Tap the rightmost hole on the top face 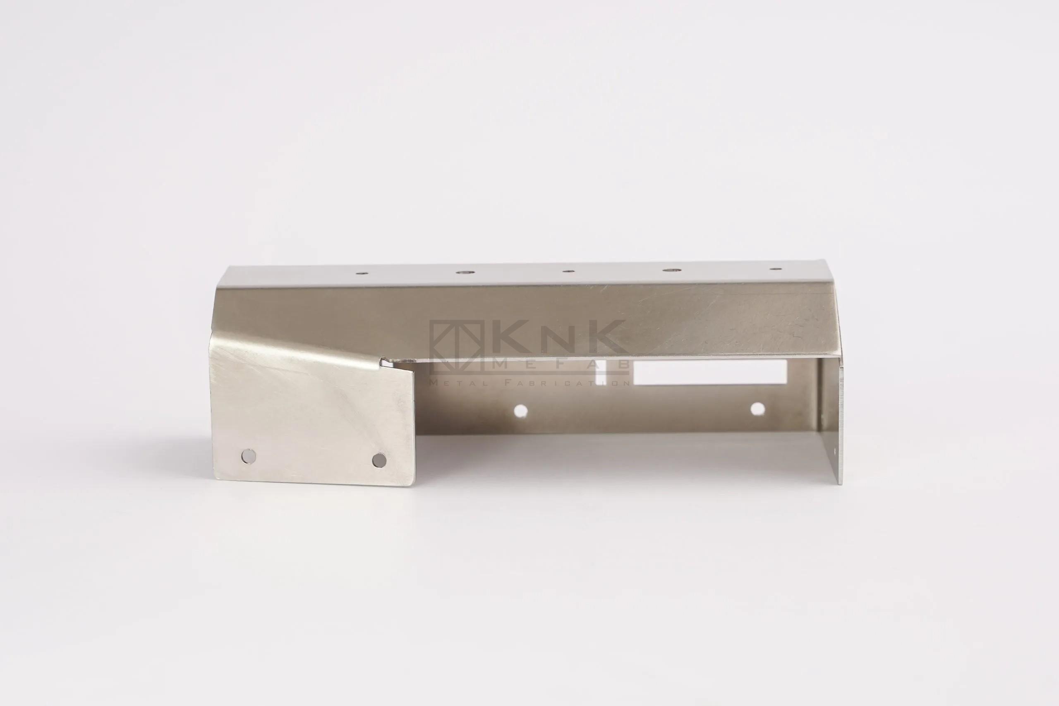(775, 269)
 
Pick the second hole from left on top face (463, 273)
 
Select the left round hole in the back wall (521, 411)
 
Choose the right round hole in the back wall (758, 409)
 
